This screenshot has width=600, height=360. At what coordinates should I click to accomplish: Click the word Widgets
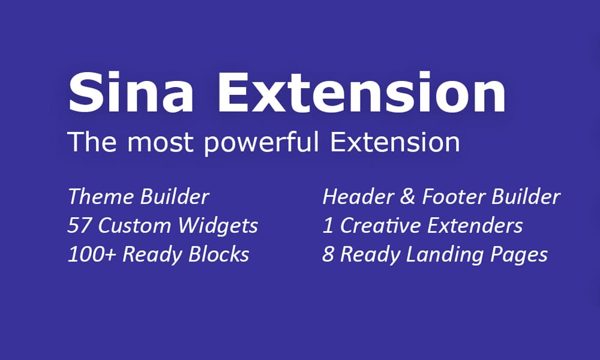(x=218, y=226)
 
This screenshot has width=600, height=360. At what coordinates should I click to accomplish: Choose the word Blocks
(x=218, y=254)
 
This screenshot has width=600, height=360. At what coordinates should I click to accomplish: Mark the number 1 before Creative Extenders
(x=328, y=226)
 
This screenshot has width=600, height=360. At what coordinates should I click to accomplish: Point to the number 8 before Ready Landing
(x=328, y=254)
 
